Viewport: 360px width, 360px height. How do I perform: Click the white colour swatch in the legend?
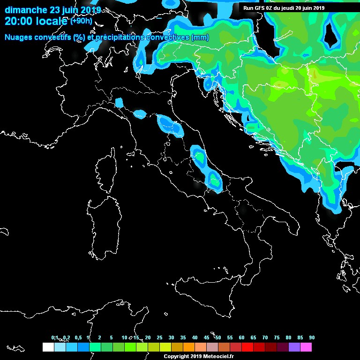(48, 347)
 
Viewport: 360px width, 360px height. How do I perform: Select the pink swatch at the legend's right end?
(306, 347)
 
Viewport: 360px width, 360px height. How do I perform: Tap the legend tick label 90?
(312, 337)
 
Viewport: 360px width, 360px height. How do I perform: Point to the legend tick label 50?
(218, 337)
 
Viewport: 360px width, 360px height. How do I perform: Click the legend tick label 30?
(171, 337)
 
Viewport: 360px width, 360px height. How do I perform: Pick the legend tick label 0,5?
(78, 337)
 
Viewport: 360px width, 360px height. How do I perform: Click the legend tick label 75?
(277, 337)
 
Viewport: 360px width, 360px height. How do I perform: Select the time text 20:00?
(18, 21)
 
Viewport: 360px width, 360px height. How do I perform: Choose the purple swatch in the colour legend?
(294, 347)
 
